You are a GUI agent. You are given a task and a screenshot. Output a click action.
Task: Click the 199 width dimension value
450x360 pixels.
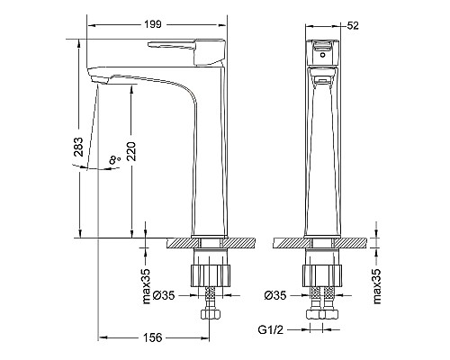pyautogui.click(x=153, y=24)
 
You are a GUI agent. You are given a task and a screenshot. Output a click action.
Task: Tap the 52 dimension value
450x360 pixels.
pyautogui.click(x=353, y=26)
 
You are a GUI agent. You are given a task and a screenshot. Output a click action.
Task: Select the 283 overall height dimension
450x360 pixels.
pyautogui.click(x=78, y=147)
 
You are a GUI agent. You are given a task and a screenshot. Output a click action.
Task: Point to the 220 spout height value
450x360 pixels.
pyautogui.click(x=132, y=151)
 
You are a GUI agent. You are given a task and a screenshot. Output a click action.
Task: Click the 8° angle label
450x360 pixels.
pyautogui.click(x=114, y=159)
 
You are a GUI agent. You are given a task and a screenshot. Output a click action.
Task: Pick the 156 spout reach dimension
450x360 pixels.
pyautogui.click(x=152, y=337)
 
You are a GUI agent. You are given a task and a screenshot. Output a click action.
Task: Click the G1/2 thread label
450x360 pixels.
pyautogui.click(x=270, y=330)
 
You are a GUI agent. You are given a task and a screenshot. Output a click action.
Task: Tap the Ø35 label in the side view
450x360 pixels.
pyautogui.click(x=164, y=295)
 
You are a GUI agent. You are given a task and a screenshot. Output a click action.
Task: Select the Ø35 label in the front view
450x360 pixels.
pyautogui.click(x=275, y=295)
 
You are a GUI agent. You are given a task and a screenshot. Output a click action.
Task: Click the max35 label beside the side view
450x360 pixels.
pyautogui.click(x=146, y=286)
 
